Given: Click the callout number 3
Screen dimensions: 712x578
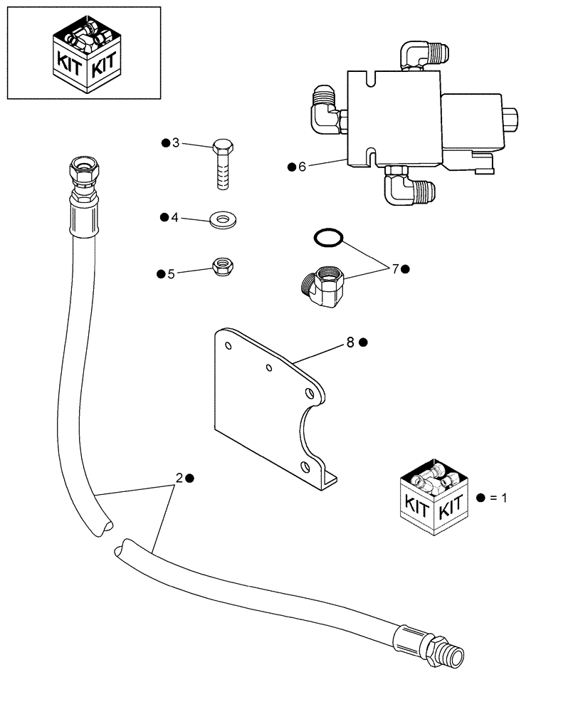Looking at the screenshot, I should coord(176,143).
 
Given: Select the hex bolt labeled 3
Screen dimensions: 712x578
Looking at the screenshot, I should coord(221,164).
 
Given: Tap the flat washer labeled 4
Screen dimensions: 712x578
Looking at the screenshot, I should coord(224,218).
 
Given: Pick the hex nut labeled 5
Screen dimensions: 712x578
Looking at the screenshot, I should coord(226,268).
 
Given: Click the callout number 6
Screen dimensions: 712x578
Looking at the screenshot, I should coord(302,167).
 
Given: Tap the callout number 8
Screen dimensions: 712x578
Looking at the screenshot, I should coord(350,342).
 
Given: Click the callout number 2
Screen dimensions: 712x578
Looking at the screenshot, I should coord(179,478).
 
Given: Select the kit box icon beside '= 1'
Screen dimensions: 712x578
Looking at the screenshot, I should coord(433,497).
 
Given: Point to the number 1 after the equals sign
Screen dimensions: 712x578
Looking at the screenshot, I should coord(504,498).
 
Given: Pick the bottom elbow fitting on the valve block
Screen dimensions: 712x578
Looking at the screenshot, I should coord(407,187).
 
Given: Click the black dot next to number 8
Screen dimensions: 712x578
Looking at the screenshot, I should coord(363,342).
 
